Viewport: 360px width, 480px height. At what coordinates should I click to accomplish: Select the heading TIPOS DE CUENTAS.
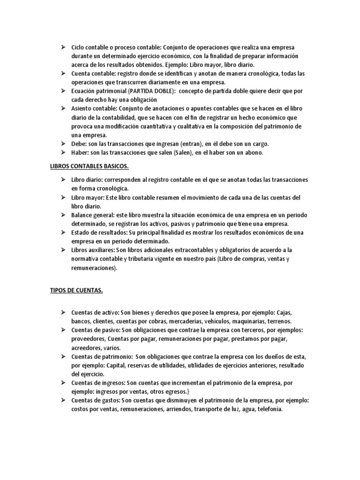(x=76, y=290)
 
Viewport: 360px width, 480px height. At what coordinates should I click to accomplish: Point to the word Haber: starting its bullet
(x=80, y=152)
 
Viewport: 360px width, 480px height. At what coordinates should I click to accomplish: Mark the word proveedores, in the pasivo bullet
(x=88, y=338)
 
